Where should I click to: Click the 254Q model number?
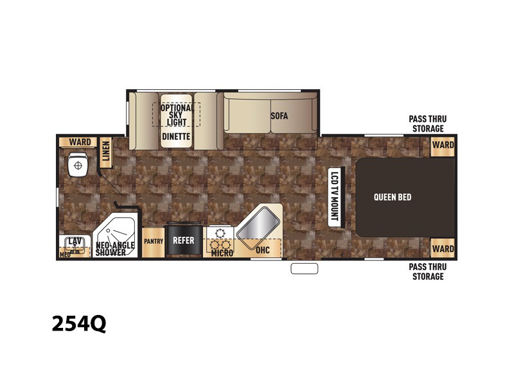pos(79,323)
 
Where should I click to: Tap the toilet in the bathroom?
pos(78,164)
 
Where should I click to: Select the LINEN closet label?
pos(105,151)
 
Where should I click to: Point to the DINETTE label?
pos(176,136)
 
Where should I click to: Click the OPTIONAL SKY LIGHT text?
pos(177,115)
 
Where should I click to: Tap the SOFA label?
pos(279,116)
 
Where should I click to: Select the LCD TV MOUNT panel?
pos(334,196)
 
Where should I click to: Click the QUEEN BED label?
pos(393,197)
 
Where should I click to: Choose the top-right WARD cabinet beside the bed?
pos(443,145)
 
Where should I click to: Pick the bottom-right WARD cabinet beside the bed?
pos(443,248)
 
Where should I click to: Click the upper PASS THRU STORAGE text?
pos(427,124)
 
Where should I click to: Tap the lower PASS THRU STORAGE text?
pos(427,271)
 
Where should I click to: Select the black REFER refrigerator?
pos(184,239)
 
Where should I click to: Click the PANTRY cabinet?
pos(154,242)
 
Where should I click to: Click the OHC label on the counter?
pos(263,250)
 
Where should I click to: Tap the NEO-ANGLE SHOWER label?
pos(115,249)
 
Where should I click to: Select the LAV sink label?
pos(75,242)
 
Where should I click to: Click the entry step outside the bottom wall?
pos(304,268)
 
